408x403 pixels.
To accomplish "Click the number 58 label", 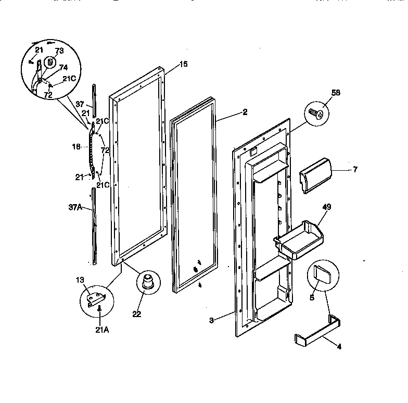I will click(322, 92).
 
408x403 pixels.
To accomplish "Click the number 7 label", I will click(355, 169).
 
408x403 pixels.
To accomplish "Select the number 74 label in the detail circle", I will click(63, 67).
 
